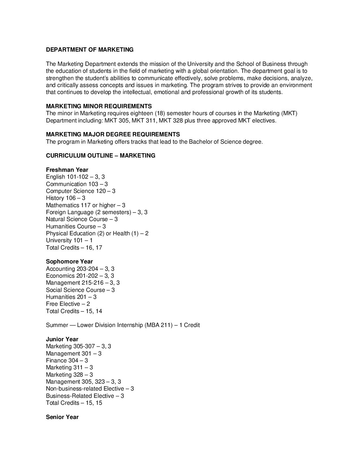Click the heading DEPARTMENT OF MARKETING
click(x=90, y=50)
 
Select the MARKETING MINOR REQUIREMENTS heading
click(x=99, y=106)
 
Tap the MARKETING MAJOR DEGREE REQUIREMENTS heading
click(x=113, y=134)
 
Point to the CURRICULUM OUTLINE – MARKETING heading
click(x=101, y=156)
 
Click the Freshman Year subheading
click(x=67, y=170)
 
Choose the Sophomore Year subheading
click(x=69, y=262)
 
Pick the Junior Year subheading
click(x=62, y=339)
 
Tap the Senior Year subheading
click(x=62, y=417)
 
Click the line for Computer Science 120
click(x=80, y=191)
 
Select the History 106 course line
click(x=66, y=198)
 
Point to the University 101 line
click(x=69, y=240)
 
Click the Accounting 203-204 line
click(x=80, y=269)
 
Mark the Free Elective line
click(x=68, y=304)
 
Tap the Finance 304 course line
click(x=67, y=360)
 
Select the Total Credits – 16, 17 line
click(x=74, y=248)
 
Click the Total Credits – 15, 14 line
click(x=74, y=311)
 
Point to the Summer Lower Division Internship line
click(x=123, y=325)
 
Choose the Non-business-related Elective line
click(x=90, y=389)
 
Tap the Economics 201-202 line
click(x=80, y=276)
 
